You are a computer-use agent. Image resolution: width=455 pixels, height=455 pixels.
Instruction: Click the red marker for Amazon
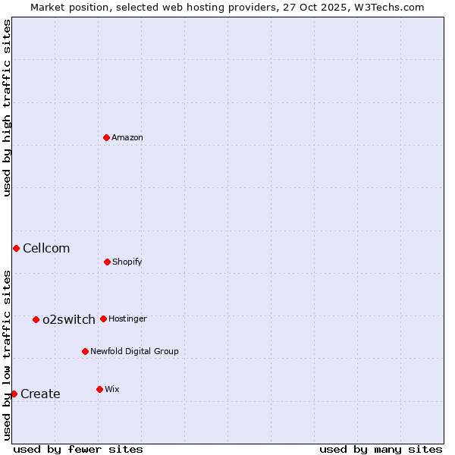point(107,137)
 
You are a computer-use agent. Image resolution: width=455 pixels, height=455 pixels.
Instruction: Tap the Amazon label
point(127,137)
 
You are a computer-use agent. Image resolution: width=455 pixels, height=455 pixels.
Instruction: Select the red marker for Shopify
point(107,262)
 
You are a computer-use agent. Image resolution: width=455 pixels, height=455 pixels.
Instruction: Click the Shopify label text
point(127,262)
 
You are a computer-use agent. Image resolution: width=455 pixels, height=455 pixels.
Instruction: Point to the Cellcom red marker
point(16,248)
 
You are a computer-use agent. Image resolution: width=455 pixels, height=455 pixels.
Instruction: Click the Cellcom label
point(46,248)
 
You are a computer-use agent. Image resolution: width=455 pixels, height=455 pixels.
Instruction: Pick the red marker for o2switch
point(36,319)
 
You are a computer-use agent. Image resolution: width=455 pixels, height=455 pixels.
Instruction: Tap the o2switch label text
point(69,319)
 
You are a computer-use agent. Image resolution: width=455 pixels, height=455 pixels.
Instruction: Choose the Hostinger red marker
point(103,318)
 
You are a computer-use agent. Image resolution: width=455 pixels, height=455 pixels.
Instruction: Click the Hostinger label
point(127,318)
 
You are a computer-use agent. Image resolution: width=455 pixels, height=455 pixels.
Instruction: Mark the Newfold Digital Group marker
point(85,351)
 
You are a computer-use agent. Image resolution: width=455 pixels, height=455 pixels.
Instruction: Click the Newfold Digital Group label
point(134,351)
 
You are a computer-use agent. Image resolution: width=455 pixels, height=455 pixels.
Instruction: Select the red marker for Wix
point(99,389)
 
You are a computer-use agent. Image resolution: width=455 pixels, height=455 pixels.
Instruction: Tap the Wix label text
point(112,389)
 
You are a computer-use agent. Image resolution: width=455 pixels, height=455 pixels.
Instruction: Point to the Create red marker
point(14,394)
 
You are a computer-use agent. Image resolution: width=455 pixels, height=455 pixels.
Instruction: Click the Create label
point(40,394)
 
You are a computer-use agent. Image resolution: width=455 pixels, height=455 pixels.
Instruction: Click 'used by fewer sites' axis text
point(78,449)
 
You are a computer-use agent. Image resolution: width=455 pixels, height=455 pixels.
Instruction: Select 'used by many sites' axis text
point(381,449)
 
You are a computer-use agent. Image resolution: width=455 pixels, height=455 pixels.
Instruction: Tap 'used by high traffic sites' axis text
point(7,108)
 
